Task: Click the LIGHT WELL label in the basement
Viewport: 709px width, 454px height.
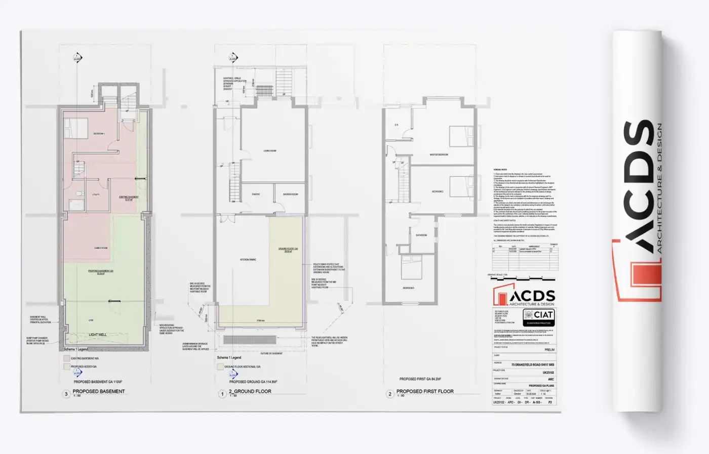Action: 97,335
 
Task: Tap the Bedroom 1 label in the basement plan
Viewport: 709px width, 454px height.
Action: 99,134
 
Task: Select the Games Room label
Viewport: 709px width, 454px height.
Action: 101,248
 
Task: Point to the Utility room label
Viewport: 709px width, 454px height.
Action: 96,194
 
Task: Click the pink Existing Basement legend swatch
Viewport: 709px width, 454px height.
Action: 66,358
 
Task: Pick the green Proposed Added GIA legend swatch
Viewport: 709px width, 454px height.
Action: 66,366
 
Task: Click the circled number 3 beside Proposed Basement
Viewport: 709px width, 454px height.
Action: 66,394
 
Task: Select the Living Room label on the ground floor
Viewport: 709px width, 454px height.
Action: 270,151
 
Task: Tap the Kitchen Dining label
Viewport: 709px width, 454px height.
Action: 248,260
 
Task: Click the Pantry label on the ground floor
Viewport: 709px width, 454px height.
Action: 256,194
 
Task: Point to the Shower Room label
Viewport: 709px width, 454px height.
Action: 291,194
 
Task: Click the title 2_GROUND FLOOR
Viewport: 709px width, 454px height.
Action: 250,391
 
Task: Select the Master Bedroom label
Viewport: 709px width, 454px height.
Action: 439,155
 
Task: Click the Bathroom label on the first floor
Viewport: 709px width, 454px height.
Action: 421,235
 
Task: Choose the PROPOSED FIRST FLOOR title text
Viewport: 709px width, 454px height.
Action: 425,391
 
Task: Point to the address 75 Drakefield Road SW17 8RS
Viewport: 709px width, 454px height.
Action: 532,364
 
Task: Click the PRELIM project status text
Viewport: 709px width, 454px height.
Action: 549,350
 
